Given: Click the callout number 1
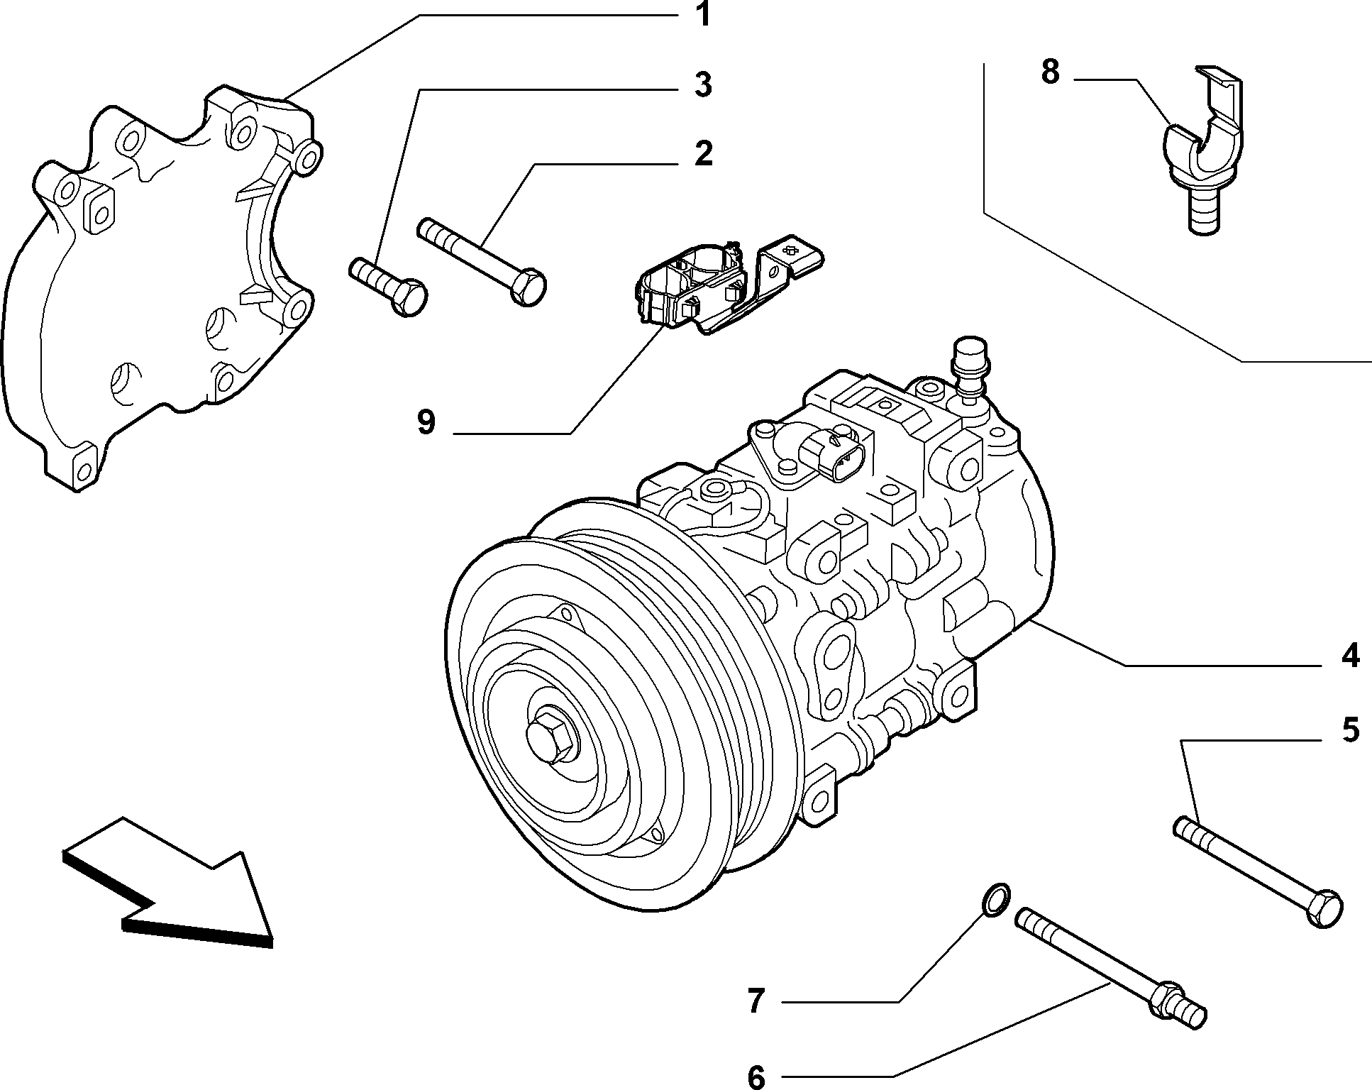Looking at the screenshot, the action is (x=702, y=14).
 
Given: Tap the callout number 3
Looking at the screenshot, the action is (x=702, y=85).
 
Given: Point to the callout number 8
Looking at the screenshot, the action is (x=1051, y=72).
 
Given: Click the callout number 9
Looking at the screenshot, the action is (x=426, y=423).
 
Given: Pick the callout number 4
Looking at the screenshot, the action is (x=1350, y=655).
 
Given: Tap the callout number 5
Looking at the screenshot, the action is (x=1349, y=730).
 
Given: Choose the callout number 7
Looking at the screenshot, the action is (x=756, y=1001).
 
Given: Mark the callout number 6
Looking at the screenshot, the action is (x=756, y=1077).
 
